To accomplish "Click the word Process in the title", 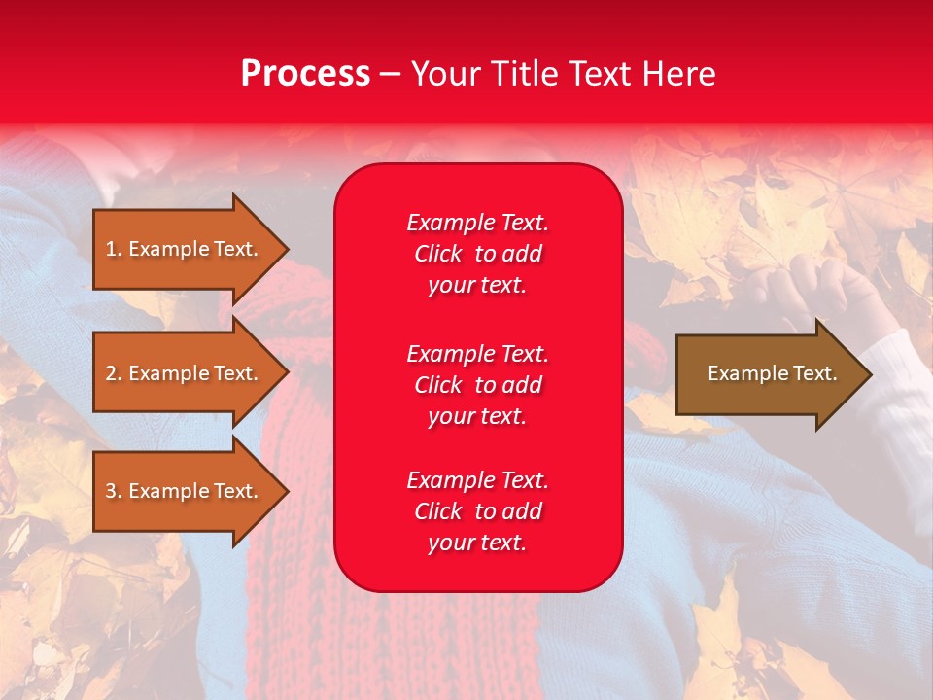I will click(305, 74).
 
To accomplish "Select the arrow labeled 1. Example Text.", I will click(185, 249).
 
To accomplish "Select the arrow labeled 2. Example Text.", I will click(185, 373).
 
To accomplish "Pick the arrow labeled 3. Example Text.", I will click(185, 491).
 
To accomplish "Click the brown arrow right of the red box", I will click(768, 373).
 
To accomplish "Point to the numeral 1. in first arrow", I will click(113, 249).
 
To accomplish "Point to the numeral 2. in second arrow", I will click(113, 373).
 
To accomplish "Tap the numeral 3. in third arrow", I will click(113, 491).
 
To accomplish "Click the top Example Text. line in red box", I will click(477, 223).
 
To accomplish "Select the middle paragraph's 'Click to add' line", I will click(477, 385).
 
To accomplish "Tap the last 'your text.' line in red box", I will click(477, 543).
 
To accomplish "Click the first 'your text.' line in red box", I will click(477, 286).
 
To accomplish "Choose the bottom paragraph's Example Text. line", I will click(477, 480).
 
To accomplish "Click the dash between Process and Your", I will click(390, 74).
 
